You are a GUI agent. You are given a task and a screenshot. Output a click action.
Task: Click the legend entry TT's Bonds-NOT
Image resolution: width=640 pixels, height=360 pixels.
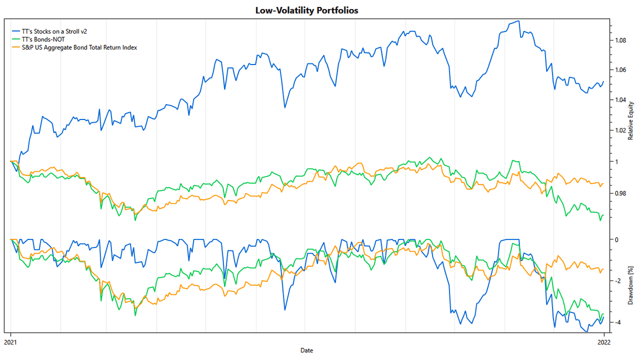(x=43, y=39)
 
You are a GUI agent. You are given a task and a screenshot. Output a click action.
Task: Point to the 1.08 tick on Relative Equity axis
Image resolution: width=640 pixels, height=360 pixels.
(x=620, y=41)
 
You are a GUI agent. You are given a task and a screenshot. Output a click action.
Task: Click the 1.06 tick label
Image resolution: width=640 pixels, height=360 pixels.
(x=620, y=70)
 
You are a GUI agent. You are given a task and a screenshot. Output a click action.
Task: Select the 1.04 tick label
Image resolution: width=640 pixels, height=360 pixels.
(x=620, y=100)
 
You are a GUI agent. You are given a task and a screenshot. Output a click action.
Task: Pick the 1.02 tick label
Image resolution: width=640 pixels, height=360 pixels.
(x=620, y=131)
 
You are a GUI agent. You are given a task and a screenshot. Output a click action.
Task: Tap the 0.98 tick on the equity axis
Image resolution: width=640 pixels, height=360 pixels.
(x=620, y=193)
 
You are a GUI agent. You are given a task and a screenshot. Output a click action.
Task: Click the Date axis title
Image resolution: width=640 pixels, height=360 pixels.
(x=307, y=350)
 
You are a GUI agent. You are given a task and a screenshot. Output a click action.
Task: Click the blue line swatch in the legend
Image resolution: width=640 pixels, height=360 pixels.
(x=15, y=31)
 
